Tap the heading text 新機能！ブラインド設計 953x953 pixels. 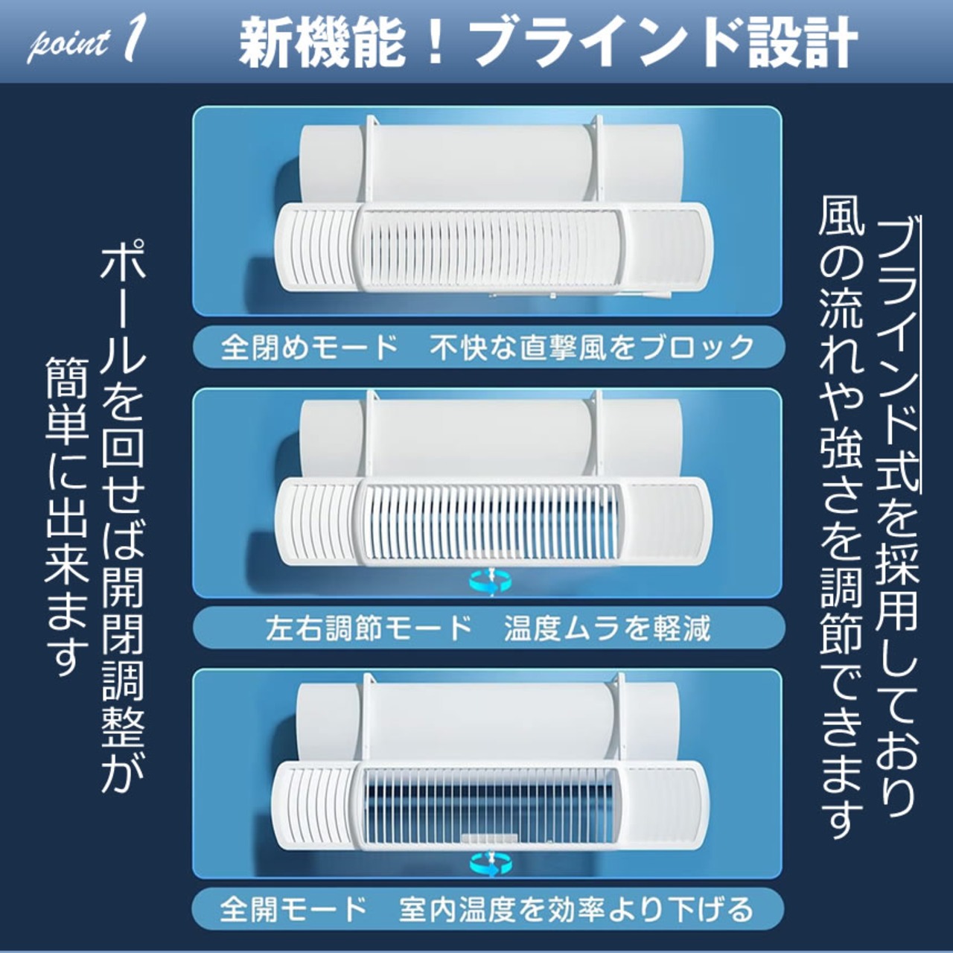[547, 42]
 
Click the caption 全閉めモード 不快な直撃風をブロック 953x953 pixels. [488, 348]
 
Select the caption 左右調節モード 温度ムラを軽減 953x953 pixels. [488, 628]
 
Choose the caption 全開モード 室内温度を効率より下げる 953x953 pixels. [488, 909]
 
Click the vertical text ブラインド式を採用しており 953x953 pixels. [896, 514]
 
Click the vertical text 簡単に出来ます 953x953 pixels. [67, 514]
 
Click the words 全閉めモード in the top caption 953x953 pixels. [310, 348]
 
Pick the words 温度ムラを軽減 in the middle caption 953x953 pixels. [607, 628]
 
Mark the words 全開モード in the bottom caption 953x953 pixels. [294, 909]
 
